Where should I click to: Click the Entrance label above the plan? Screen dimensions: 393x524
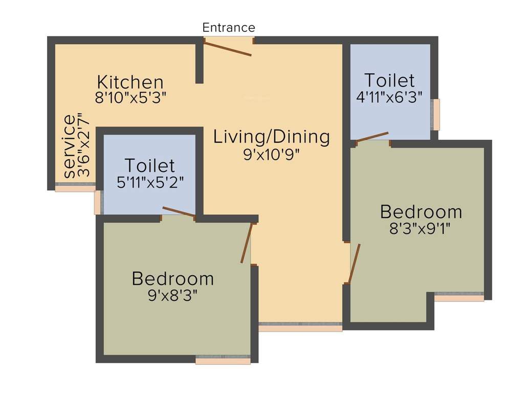228,27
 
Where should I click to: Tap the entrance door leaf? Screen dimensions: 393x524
228,49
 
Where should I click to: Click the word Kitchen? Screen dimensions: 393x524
130,82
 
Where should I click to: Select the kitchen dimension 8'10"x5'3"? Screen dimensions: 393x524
131,98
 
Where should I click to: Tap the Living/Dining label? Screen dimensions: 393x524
272,137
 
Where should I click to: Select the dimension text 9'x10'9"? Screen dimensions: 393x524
271,154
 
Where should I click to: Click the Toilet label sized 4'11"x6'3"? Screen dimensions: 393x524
389,80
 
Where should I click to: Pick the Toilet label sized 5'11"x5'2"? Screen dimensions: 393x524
149,166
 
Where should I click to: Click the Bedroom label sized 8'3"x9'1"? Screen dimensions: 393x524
421,211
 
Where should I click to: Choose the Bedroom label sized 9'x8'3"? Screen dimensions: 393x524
172,279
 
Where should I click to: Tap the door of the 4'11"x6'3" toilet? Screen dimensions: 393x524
373,137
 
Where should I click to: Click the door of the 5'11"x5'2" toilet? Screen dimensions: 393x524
179,212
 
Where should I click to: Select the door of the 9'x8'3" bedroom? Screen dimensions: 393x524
247,244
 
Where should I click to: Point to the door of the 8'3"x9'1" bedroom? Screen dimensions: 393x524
354,264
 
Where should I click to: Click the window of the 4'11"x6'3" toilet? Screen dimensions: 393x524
435,115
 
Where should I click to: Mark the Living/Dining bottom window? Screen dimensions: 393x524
300,326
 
